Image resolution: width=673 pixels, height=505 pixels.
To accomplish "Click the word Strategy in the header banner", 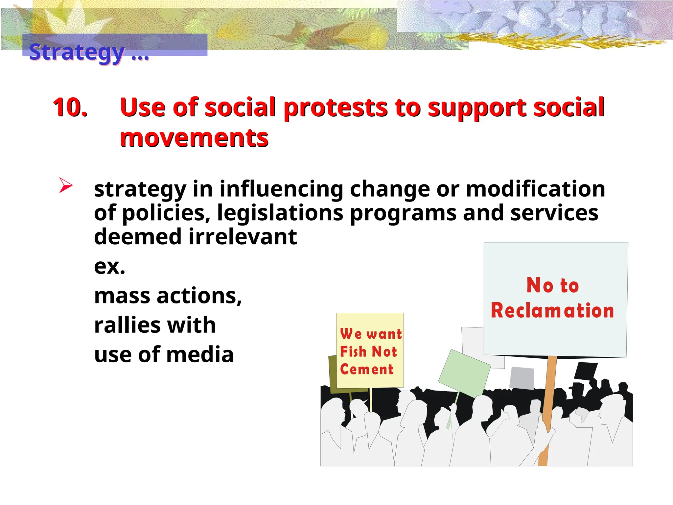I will [x=77, y=52].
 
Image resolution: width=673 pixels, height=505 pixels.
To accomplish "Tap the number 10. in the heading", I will [x=70, y=108].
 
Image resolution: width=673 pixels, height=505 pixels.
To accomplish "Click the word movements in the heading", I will [x=194, y=137].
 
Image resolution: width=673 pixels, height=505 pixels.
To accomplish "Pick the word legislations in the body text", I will [x=280, y=213].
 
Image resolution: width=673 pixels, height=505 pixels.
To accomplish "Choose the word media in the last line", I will [x=205, y=355].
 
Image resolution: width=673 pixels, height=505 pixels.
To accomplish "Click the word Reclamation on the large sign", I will [x=552, y=311].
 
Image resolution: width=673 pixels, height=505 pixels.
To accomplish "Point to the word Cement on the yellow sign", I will [x=367, y=370].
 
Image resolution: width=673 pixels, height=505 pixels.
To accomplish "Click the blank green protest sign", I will [x=464, y=373].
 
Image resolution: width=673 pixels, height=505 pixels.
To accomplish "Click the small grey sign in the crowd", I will [x=522, y=378].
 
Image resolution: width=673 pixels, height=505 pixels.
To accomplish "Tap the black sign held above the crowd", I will [x=586, y=372].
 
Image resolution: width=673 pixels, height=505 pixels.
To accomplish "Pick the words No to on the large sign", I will [x=552, y=285].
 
